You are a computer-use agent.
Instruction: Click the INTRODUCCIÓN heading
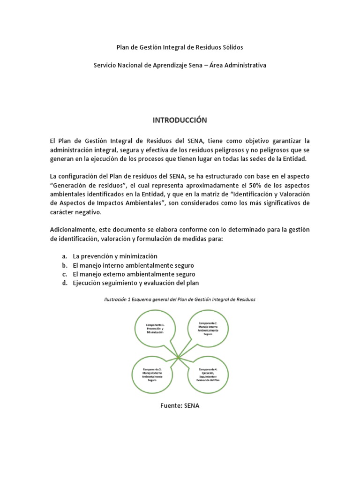click(180, 120)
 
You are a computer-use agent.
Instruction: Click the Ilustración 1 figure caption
click(180, 299)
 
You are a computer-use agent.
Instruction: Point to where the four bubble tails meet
click(179, 359)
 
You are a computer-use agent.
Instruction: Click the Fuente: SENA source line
click(180, 406)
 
